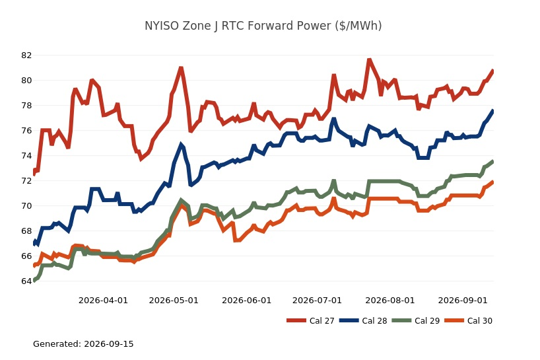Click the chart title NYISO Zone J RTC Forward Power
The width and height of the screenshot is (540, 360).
click(x=263, y=26)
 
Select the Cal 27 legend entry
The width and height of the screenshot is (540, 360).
click(x=310, y=321)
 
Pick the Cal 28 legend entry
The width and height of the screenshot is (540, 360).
click(x=363, y=321)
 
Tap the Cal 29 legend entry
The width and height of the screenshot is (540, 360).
click(x=416, y=321)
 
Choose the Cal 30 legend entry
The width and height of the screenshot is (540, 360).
click(x=468, y=321)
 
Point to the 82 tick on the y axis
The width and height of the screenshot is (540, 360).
click(x=26, y=55)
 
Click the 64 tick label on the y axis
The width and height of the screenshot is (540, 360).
click(x=26, y=281)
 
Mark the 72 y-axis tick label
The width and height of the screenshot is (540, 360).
click(x=26, y=180)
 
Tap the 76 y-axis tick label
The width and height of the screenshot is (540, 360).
click(x=26, y=131)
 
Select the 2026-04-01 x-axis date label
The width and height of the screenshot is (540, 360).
click(x=104, y=301)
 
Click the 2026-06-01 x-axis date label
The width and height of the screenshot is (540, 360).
click(x=247, y=301)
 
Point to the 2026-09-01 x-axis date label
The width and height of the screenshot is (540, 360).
click(x=463, y=301)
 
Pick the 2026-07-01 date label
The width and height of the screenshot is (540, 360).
click(x=317, y=301)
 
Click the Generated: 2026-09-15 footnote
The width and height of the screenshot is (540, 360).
click(x=83, y=343)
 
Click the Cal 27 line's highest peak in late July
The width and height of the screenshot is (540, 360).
click(x=369, y=60)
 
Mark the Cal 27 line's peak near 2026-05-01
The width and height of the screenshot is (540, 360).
click(x=181, y=68)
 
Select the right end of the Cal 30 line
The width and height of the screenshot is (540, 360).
click(x=493, y=182)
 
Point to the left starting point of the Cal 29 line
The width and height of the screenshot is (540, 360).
click(x=34, y=281)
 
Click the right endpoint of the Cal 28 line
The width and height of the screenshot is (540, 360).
click(x=493, y=110)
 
